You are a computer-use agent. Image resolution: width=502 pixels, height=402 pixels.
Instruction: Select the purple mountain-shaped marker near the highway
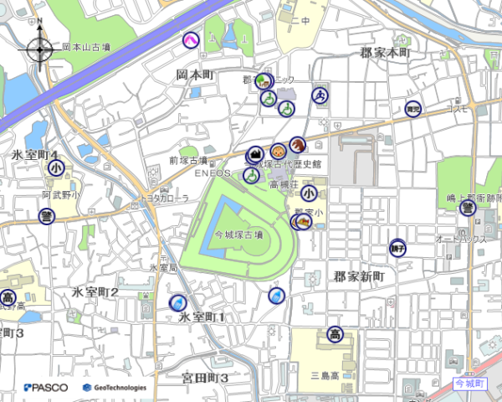click(191, 39)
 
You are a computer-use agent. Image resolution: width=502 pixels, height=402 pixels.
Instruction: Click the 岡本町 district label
click(196, 75)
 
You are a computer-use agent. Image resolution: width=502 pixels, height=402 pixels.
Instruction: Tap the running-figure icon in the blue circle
click(320, 95)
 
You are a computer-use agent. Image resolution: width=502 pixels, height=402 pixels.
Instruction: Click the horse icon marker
click(296, 144)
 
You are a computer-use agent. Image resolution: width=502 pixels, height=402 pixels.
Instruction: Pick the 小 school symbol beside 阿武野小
click(55, 167)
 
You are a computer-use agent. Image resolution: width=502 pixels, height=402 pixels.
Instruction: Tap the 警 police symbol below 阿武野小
click(47, 216)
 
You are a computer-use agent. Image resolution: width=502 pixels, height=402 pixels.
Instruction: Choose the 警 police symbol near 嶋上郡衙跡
click(467, 208)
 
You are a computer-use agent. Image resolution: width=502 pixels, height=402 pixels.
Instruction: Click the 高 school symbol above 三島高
click(335, 333)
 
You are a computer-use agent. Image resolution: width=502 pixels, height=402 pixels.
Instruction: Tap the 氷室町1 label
click(202, 317)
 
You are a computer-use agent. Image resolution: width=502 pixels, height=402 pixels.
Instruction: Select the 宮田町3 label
click(205, 379)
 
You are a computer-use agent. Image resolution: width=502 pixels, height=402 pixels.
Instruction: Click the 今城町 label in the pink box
click(469, 383)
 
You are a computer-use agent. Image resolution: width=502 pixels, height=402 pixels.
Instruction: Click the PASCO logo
click(46, 388)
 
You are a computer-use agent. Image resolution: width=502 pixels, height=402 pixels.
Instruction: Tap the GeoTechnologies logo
click(115, 388)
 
